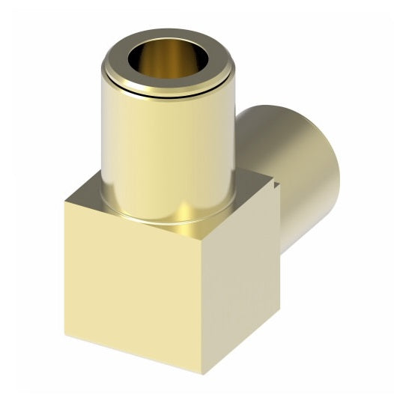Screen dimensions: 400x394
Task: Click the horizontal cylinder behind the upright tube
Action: [x=300, y=150]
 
